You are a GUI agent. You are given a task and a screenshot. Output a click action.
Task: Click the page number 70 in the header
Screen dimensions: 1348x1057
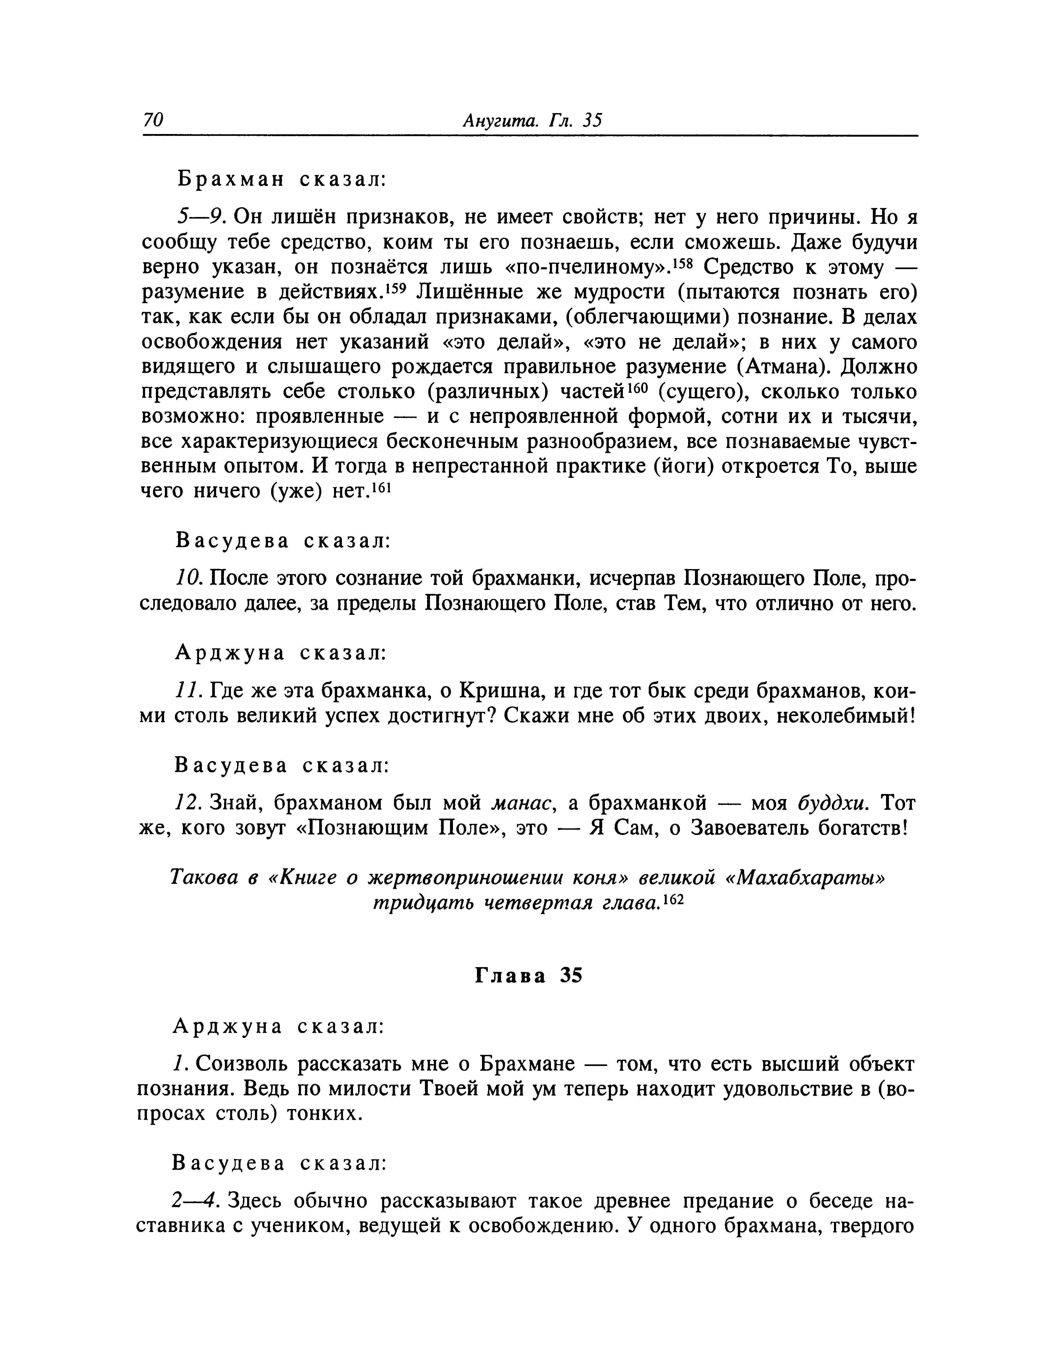[x=153, y=120]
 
